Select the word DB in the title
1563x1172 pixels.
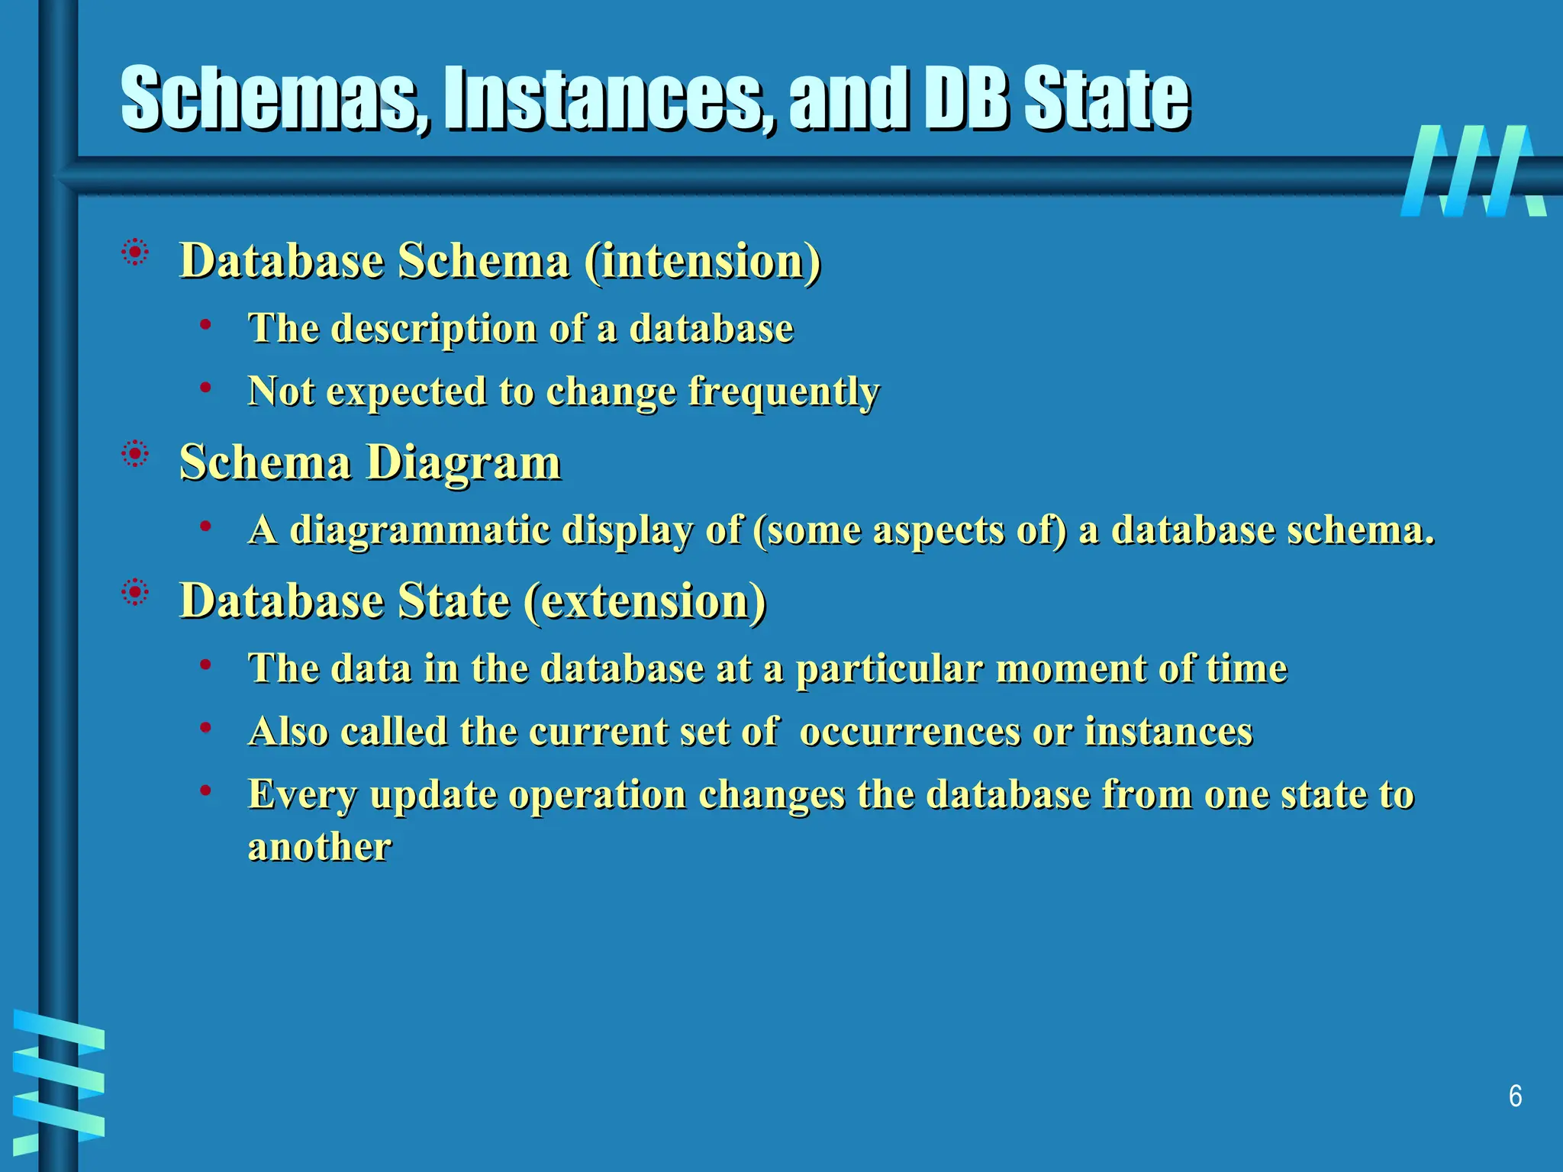(965, 99)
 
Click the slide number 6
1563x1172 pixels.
(1515, 1096)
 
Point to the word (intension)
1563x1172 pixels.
(702, 262)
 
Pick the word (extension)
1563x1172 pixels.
(645, 601)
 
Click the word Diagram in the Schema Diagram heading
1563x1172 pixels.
(464, 463)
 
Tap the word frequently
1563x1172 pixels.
(784, 392)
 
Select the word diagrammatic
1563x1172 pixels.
(420, 530)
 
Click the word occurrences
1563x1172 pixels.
(910, 732)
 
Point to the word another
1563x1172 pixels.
(320, 847)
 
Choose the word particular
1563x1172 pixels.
(889, 669)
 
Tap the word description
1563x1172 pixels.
(434, 329)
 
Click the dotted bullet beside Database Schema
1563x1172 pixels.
(135, 253)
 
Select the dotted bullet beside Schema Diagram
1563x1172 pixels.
(135, 455)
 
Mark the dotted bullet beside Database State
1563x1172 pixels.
(135, 592)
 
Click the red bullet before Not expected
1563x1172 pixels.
(205, 388)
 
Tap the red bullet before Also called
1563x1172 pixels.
(205, 728)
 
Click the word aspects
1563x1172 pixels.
(938, 530)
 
